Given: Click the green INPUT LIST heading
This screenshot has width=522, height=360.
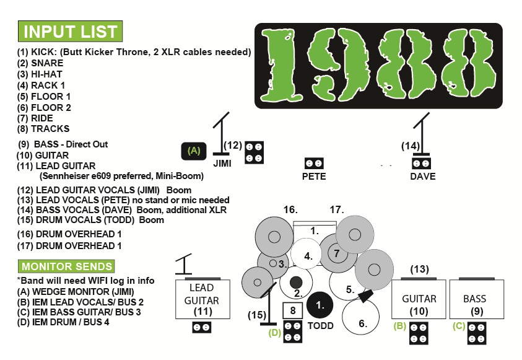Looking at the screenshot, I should (x=70, y=31).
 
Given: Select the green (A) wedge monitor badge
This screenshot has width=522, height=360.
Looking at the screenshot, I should (x=194, y=151).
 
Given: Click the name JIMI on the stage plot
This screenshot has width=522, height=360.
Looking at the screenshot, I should (x=222, y=164).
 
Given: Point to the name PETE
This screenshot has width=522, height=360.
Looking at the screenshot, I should (x=314, y=176).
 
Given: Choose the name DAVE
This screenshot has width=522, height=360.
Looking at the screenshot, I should (x=422, y=176).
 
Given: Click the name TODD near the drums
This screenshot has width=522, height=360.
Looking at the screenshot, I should (x=320, y=325).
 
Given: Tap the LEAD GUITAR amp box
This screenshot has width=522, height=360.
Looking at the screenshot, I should (x=203, y=299).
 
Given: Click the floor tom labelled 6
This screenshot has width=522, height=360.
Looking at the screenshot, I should (x=363, y=320).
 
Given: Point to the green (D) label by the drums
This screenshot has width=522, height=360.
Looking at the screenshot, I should (x=275, y=333).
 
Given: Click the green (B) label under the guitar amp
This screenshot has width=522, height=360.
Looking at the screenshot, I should (x=400, y=325).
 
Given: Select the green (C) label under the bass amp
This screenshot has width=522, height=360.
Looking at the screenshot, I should (x=459, y=325).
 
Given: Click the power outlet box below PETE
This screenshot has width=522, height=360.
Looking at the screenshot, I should (x=314, y=164).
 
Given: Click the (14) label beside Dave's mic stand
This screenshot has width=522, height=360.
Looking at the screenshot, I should (x=410, y=146).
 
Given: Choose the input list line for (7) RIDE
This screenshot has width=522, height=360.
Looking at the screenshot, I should (x=35, y=118).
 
